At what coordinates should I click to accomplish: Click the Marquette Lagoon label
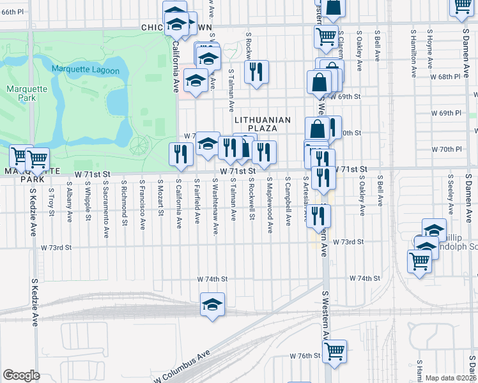point(86,70)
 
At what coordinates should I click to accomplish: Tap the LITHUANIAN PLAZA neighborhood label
point(262,124)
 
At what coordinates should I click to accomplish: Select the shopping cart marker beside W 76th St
point(334,350)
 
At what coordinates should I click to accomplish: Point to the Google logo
point(21,375)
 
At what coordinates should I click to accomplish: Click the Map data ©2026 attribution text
point(451,378)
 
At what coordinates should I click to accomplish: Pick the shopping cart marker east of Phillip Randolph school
point(419,260)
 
